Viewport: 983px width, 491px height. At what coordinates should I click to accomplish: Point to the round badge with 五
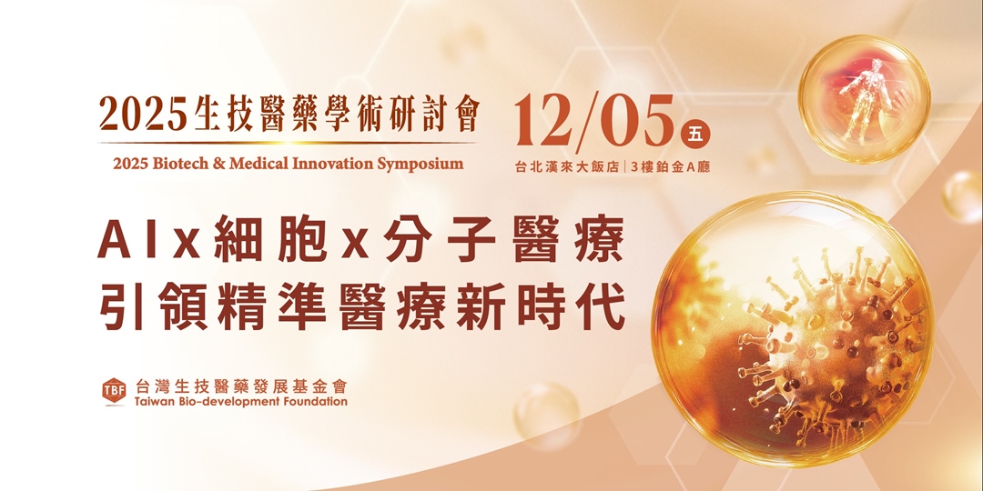(x=695, y=133)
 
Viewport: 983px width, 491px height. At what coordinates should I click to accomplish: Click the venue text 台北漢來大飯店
(x=566, y=167)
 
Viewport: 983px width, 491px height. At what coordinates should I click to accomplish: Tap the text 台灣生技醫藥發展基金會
(x=240, y=386)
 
